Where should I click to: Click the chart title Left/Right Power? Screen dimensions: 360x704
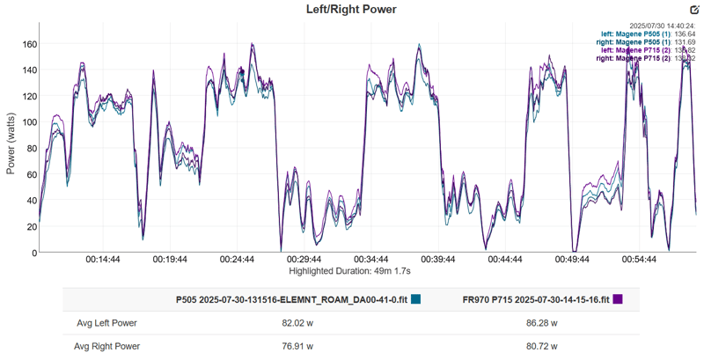[x=351, y=10]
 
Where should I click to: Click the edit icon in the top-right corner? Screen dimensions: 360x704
[x=693, y=10]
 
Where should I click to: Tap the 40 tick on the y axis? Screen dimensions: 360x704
[x=28, y=201]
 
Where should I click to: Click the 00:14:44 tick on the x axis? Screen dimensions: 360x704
[x=104, y=261]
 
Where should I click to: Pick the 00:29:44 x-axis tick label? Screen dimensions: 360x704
[x=304, y=261]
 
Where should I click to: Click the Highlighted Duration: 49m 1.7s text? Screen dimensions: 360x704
[x=351, y=271]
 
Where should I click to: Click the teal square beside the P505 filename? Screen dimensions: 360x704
[x=416, y=299]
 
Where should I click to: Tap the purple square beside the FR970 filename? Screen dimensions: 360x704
[x=618, y=299]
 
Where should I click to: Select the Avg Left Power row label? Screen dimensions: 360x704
[x=106, y=323]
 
